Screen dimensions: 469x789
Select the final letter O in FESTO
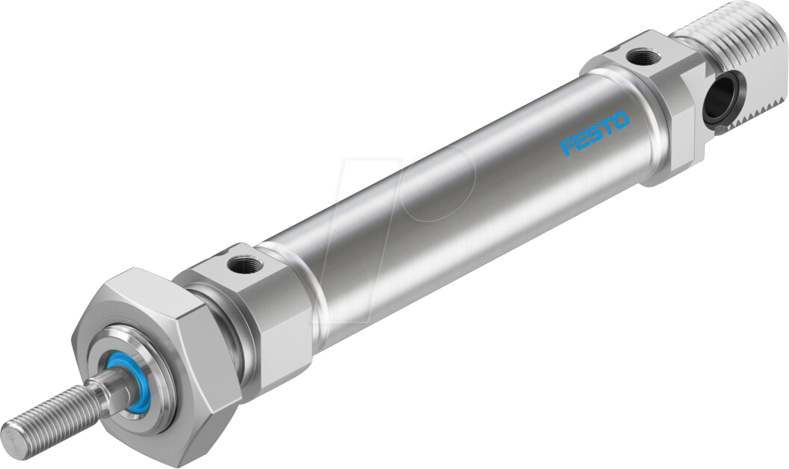(622, 120)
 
